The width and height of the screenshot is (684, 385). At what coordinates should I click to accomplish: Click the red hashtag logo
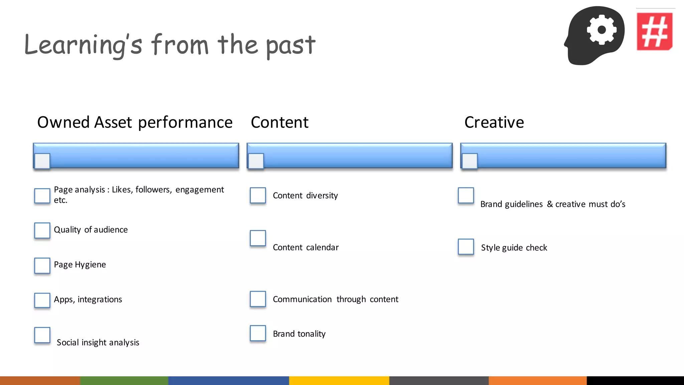(x=654, y=31)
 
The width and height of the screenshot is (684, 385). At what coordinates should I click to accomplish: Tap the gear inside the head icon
(x=602, y=30)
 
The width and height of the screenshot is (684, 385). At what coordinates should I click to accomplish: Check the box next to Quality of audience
(x=42, y=230)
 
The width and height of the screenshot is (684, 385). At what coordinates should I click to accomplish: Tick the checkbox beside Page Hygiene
(x=42, y=265)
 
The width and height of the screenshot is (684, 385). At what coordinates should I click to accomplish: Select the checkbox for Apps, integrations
(x=42, y=300)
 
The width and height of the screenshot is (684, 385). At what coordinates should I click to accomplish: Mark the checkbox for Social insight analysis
(x=42, y=335)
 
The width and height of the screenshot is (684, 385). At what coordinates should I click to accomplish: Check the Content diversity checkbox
(x=258, y=195)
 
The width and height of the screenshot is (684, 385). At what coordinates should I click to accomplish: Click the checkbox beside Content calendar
(x=258, y=238)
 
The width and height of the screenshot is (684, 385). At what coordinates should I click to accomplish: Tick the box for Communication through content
(x=258, y=299)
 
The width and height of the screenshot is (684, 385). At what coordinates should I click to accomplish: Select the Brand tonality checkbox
(x=258, y=333)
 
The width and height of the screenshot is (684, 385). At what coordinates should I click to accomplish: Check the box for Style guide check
(x=466, y=247)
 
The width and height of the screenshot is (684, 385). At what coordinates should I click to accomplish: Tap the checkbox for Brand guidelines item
(x=466, y=195)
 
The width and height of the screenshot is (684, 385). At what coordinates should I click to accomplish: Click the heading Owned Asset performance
(x=135, y=122)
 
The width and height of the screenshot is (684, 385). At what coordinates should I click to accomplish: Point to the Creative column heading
(x=494, y=122)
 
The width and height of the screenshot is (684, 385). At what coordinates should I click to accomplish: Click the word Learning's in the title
(x=83, y=45)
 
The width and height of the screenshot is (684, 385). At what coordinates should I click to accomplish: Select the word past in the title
(x=291, y=46)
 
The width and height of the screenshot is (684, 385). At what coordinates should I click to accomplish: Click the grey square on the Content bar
(x=256, y=161)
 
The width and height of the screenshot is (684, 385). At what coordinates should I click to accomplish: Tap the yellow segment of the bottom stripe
(x=339, y=380)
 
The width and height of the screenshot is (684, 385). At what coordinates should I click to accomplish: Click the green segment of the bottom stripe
(x=124, y=380)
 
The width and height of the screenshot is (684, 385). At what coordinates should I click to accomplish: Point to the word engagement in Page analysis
(x=199, y=190)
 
